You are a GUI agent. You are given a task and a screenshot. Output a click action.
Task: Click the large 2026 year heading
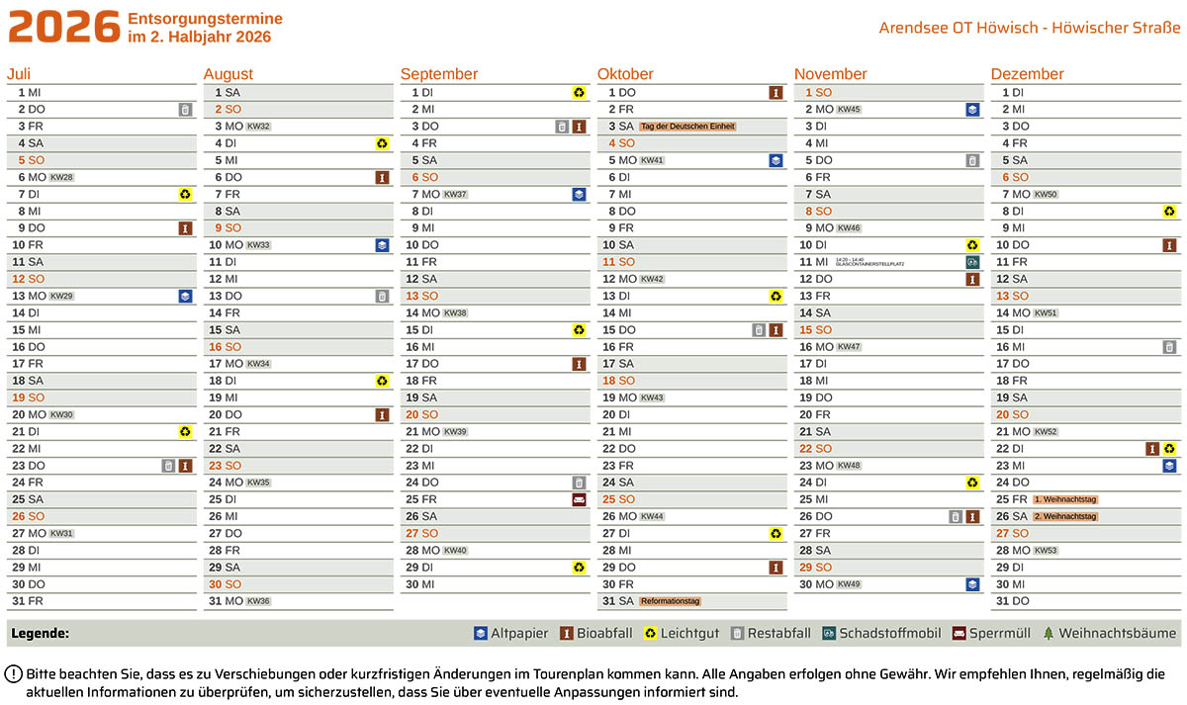pos(64,28)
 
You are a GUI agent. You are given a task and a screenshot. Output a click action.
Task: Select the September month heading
pos(439,74)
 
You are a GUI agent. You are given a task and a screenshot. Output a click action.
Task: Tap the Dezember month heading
pos(1027,74)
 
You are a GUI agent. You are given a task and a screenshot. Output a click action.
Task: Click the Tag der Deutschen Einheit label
pos(688,127)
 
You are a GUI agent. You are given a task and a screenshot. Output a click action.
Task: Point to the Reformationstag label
pos(670,601)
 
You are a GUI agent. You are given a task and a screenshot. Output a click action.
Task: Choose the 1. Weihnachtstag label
pos(1065,499)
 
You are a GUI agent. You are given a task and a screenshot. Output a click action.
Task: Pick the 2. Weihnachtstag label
pos(1065,516)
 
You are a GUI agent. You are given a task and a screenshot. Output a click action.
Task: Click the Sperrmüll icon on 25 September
pos(579,499)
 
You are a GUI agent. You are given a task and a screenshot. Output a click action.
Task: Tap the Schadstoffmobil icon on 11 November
pos(972,262)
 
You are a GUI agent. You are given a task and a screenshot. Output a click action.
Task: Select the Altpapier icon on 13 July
pos(185,296)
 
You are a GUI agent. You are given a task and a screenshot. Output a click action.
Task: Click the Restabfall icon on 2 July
pos(185,110)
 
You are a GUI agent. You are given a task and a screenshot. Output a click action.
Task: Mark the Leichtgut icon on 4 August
pos(382,143)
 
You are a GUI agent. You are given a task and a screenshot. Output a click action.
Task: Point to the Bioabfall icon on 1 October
pos(776,93)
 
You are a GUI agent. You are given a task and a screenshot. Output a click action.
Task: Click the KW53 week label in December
pos(1046,551)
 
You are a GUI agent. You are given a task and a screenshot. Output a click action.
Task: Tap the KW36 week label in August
pos(258,601)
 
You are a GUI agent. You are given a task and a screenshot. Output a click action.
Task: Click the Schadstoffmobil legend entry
pos(884,634)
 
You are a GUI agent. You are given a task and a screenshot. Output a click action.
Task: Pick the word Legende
pos(39,634)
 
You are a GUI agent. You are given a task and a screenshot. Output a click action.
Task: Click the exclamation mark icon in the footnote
pos(15,674)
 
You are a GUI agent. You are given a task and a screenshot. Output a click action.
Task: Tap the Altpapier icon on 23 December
pos(1169,466)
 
